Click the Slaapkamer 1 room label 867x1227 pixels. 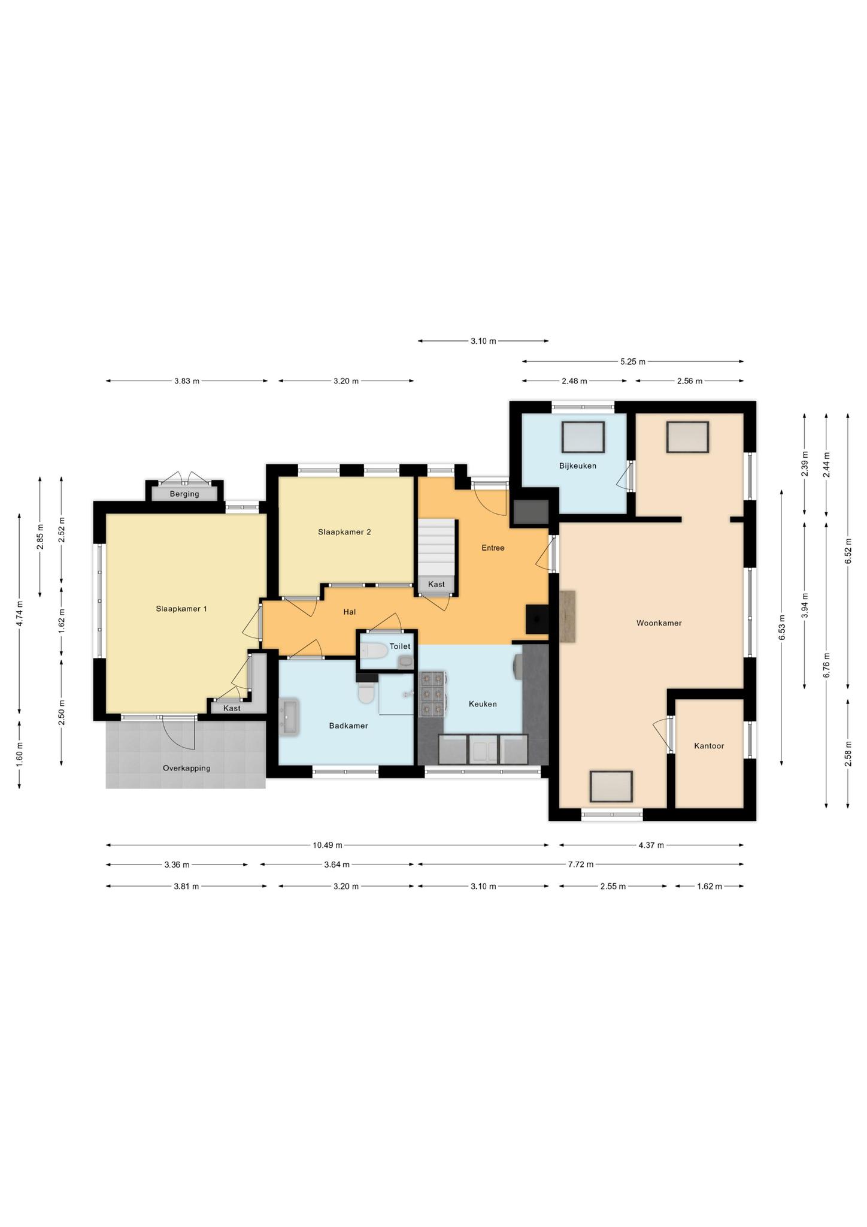[x=181, y=609]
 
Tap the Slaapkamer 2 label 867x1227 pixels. [x=344, y=531]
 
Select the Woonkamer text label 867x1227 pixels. [x=659, y=623]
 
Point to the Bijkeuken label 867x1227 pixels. [x=578, y=466]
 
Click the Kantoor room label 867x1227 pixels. [x=709, y=746]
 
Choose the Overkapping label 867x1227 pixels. [x=186, y=768]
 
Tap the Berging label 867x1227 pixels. [x=184, y=494]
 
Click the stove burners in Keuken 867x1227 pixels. [x=433, y=694]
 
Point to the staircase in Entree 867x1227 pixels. [x=436, y=548]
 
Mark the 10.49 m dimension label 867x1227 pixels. [x=328, y=845]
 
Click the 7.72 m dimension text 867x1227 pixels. [x=580, y=864]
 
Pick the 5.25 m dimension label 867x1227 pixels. [x=633, y=361]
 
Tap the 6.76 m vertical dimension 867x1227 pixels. [x=826, y=664]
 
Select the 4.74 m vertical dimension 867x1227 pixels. [x=19, y=613]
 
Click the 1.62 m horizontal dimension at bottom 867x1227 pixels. [x=710, y=886]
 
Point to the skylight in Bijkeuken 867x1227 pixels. [x=583, y=437]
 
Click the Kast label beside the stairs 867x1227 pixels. [x=436, y=584]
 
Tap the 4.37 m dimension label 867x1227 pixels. [x=651, y=845]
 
